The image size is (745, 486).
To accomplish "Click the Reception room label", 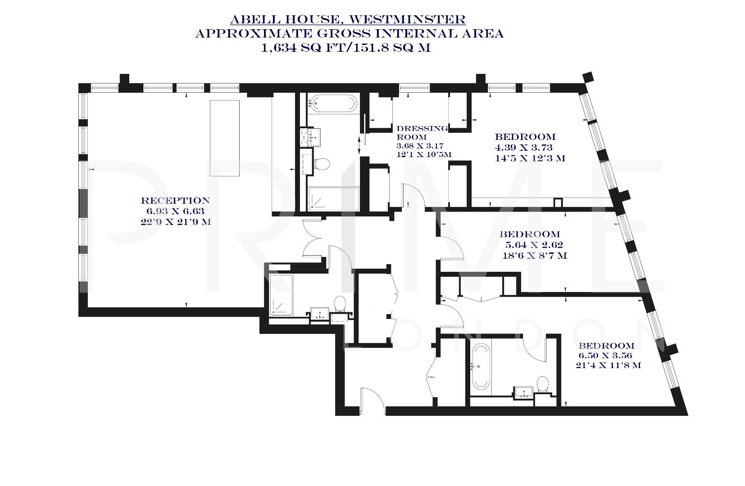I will [x=175, y=201].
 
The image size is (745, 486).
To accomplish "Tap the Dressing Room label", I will [x=422, y=132].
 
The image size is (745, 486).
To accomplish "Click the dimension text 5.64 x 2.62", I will [x=534, y=245].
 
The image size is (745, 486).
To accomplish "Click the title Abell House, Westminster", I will [x=347, y=19].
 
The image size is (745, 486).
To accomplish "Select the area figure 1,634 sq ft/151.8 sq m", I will [x=346, y=48].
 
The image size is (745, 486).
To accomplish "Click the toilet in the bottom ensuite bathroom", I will [x=542, y=385].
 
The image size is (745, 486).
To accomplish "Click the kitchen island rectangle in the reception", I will [x=225, y=138].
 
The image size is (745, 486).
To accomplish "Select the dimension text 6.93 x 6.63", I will [x=175, y=211].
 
